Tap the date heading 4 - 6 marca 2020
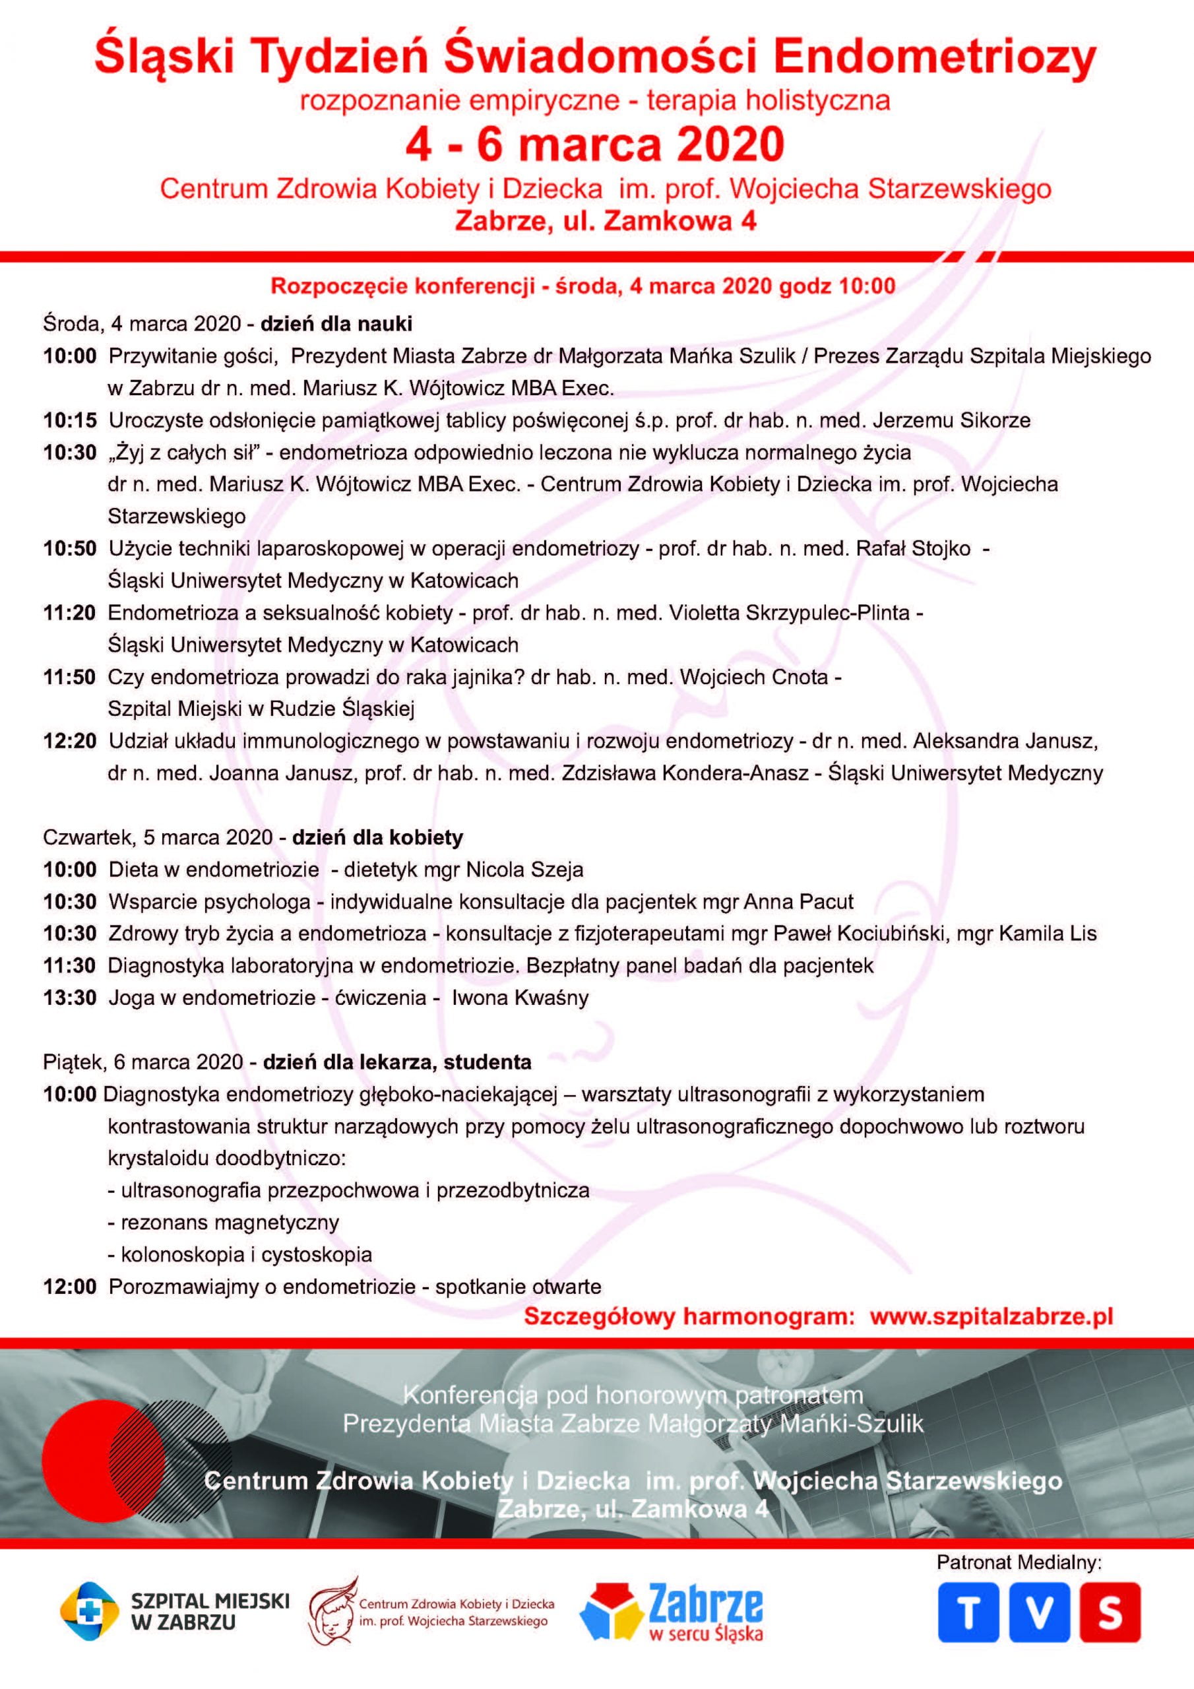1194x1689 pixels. tap(596, 145)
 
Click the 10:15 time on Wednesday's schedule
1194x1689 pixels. tap(70, 420)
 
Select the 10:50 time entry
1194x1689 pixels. tap(70, 549)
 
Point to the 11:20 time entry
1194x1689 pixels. tap(70, 613)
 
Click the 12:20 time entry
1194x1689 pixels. tap(70, 741)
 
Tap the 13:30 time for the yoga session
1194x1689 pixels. tap(70, 998)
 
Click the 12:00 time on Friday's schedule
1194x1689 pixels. tap(70, 1287)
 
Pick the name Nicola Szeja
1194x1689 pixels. tap(525, 870)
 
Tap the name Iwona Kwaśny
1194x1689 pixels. tap(520, 998)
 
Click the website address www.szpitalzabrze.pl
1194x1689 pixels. tap(991, 1318)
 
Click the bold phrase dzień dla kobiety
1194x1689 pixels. tap(377, 837)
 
